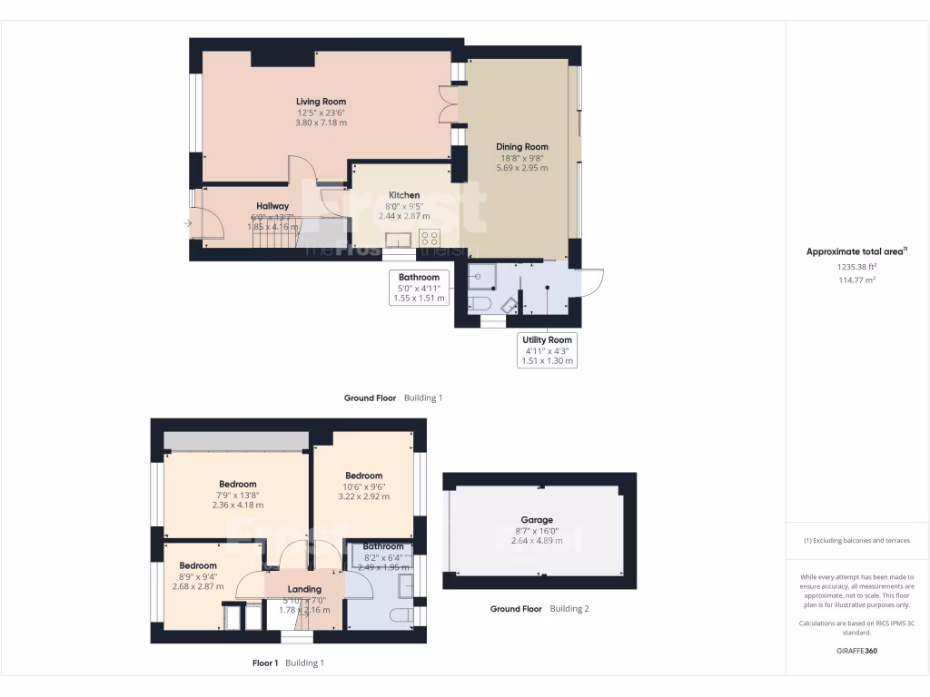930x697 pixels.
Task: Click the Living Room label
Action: (321, 102)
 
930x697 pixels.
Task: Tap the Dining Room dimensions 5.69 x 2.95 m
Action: (521, 167)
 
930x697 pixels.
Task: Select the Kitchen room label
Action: (404, 195)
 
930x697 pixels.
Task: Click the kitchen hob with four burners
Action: (430, 238)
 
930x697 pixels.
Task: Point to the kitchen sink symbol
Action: (397, 238)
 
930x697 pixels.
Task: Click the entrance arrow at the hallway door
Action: (188, 222)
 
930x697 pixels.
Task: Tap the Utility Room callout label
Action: (547, 339)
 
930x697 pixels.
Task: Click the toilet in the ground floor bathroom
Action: (480, 302)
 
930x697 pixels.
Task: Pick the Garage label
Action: (537, 520)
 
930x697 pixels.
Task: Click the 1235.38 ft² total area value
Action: (857, 267)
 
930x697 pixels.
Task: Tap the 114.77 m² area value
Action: (857, 280)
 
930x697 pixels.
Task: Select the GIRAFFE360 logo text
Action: (857, 651)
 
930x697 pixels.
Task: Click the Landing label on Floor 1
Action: (304, 589)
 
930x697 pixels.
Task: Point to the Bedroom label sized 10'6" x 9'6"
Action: (363, 476)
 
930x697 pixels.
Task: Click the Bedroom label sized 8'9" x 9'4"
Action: (197, 565)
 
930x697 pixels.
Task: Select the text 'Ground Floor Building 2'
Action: (539, 609)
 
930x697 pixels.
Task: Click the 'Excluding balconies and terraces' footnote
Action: (857, 540)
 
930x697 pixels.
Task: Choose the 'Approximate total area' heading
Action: (856, 252)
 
